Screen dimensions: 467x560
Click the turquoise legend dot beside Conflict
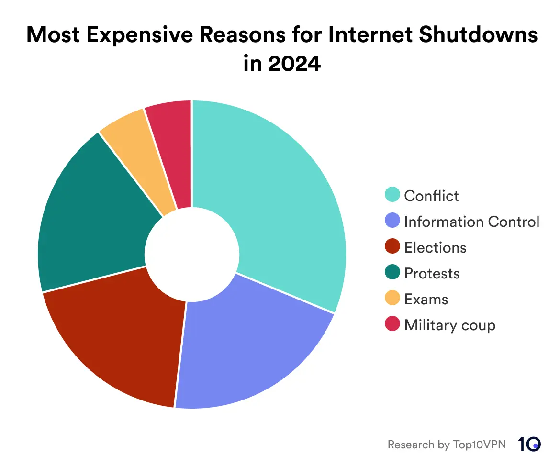(x=392, y=195)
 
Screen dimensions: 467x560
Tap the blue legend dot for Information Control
(x=392, y=221)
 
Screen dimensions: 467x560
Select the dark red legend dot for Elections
(x=392, y=247)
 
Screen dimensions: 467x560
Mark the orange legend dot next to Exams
(x=392, y=299)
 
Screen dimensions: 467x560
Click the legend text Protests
(x=432, y=273)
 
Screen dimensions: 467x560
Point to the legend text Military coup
(x=449, y=325)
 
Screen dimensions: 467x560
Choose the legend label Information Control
(x=471, y=222)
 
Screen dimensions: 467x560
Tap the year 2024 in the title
(x=294, y=63)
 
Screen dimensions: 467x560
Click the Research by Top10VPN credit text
(x=446, y=445)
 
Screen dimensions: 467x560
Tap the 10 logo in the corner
(x=529, y=444)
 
